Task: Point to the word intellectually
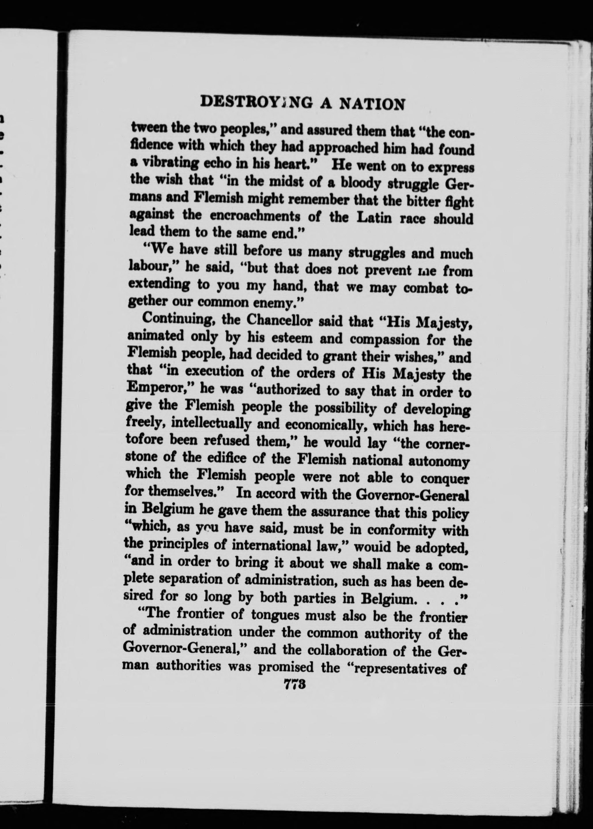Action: [x=210, y=424]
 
